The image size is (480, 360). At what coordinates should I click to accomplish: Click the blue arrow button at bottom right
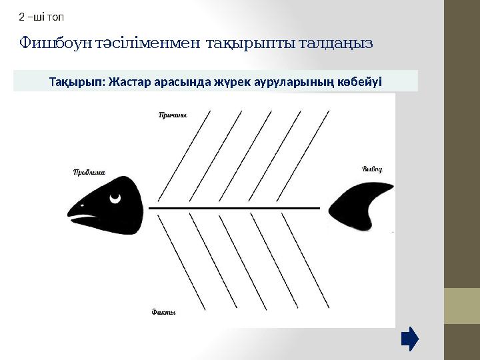tap(410, 339)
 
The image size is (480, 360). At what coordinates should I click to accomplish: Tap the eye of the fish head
tap(116, 197)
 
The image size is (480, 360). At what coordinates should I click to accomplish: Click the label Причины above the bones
tap(173, 115)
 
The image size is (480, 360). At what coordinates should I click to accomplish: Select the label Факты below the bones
tap(164, 311)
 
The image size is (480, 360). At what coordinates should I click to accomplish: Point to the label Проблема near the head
tap(89, 172)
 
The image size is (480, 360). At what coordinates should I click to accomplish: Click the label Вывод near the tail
tap(372, 169)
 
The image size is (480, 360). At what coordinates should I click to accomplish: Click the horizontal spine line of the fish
tap(233, 209)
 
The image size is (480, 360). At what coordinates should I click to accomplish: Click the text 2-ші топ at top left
tap(41, 16)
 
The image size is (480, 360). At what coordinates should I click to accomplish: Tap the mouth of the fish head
tap(83, 218)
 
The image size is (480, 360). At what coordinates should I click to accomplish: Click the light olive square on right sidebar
tap(462, 306)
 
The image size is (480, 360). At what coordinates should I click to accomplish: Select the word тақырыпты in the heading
tap(243, 43)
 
